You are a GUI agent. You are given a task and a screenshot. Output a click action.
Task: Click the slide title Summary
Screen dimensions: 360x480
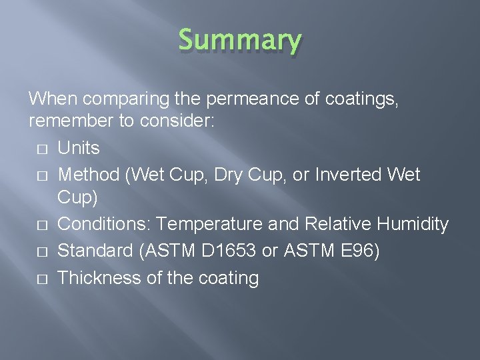coord(239,41)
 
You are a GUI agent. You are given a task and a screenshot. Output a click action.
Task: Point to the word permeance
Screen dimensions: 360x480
coord(245,99)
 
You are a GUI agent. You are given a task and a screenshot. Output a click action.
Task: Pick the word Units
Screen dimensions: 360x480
coord(79,147)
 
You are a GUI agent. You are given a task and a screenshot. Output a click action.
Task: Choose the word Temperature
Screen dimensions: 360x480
coord(211,225)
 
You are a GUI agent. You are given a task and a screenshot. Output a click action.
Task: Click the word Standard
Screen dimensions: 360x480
coord(95,251)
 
